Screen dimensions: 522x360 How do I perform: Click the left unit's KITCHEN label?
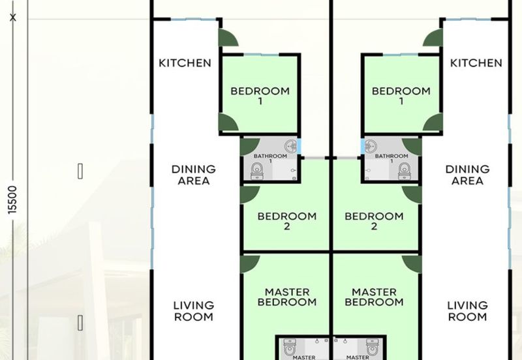[x=185, y=63]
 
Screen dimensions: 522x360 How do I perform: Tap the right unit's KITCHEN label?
[x=476, y=63]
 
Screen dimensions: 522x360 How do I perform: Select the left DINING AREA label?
[x=193, y=175]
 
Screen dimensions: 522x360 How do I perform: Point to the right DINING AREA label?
[x=467, y=175]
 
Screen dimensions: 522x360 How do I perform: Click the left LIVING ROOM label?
[x=193, y=311]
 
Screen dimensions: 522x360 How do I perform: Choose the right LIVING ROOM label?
[x=467, y=311]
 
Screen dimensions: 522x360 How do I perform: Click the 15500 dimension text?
[x=12, y=200]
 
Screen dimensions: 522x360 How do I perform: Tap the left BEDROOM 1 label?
[x=260, y=96]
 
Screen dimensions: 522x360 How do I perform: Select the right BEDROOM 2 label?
[x=374, y=221]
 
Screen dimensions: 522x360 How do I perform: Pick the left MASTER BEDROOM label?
[x=287, y=297]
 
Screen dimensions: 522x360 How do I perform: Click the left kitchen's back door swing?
[x=228, y=38]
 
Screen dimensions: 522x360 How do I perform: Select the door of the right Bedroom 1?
[x=433, y=122]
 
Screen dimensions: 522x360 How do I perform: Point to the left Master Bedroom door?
[x=249, y=265]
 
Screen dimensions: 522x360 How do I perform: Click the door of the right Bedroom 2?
[x=412, y=195]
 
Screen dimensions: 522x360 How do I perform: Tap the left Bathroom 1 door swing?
[x=249, y=147]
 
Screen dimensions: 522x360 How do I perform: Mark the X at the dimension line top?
[x=13, y=18]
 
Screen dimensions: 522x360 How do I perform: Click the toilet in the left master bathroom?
[x=290, y=347]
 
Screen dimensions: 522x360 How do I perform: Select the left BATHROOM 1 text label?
[x=270, y=158]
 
